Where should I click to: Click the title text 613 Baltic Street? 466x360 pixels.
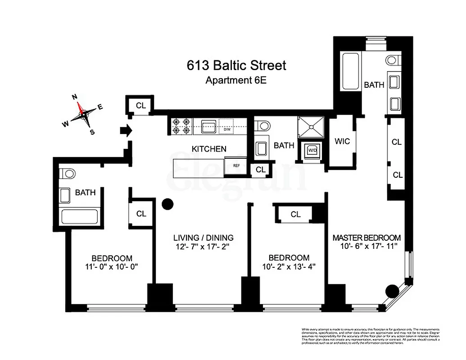[236, 66]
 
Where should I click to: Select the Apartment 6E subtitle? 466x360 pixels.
[236, 81]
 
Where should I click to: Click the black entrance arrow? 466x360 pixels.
[126, 130]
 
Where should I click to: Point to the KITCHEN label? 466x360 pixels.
[209, 149]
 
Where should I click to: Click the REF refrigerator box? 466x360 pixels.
[236, 165]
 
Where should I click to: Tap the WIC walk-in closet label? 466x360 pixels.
[342, 141]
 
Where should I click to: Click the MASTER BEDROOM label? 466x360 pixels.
[366, 238]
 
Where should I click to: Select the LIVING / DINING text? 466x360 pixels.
[204, 238]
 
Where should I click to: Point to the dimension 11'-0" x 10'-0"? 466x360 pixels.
[112, 266]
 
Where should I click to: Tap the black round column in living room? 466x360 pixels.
[167, 204]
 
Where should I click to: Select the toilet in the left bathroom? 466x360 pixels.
[69, 173]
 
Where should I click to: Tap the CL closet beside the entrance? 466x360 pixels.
[141, 106]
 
